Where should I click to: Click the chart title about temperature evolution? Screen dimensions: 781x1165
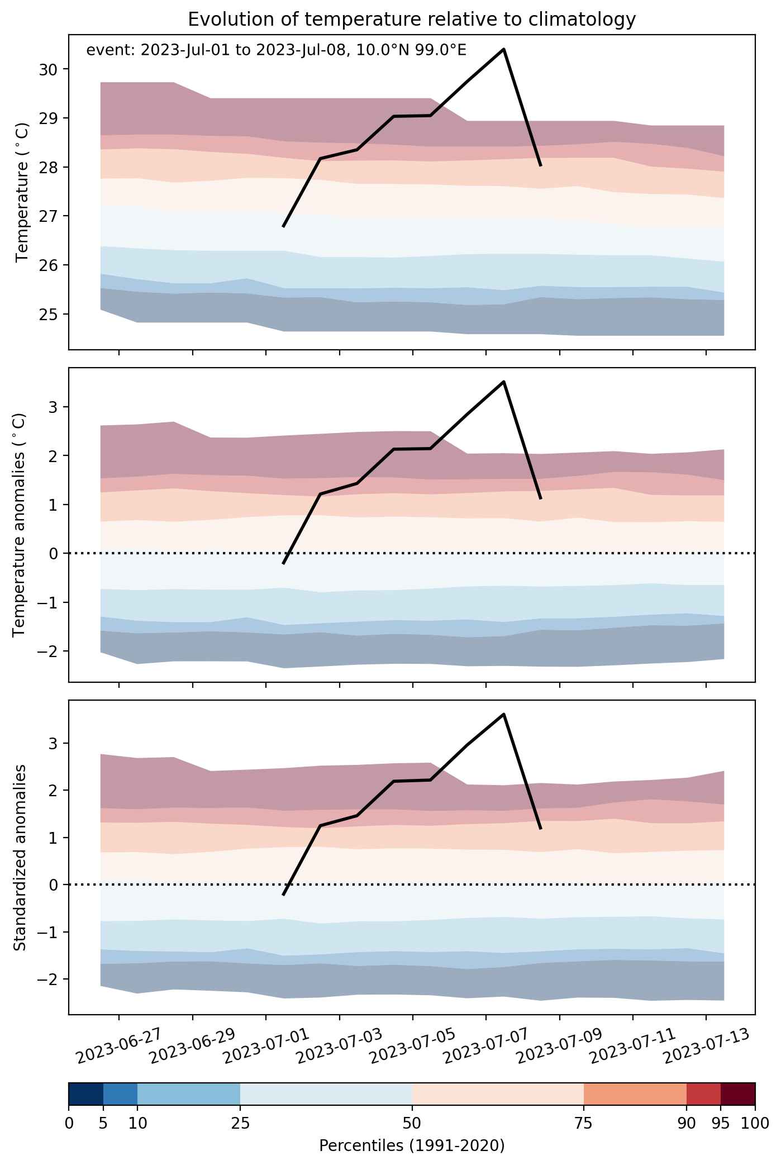pos(412,20)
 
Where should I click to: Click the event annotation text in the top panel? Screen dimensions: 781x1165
pos(276,50)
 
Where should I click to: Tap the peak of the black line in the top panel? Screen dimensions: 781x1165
pos(504,49)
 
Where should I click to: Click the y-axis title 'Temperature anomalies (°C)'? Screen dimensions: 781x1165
pos(20,525)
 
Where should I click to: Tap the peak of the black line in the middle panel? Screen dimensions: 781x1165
pos(504,382)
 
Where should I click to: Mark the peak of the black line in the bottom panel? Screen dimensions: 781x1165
pos(504,714)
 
